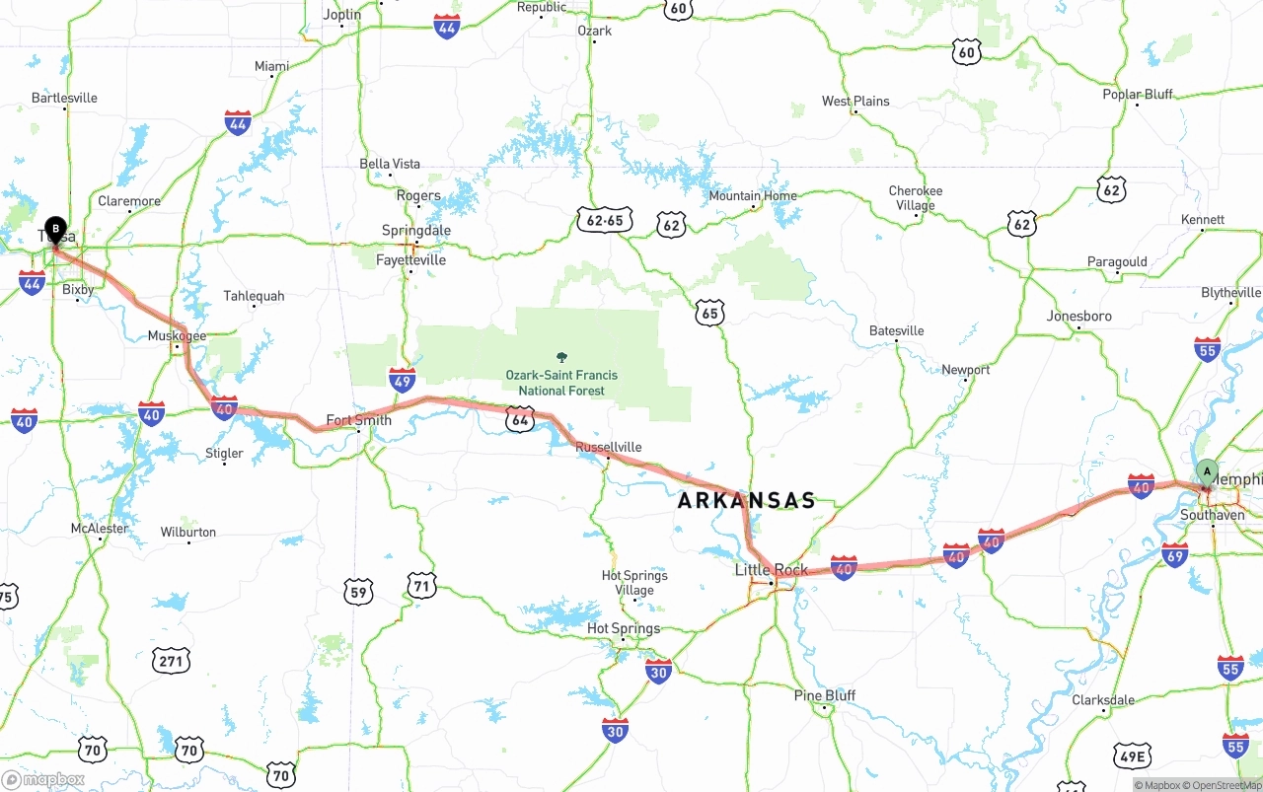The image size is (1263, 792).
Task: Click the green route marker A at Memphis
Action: click(1206, 472)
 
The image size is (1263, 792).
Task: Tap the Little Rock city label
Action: click(771, 570)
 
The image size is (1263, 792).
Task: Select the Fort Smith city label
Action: click(358, 420)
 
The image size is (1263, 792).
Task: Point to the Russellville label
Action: click(608, 447)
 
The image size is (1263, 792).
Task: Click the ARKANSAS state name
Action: click(747, 501)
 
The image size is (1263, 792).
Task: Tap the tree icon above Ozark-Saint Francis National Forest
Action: click(562, 357)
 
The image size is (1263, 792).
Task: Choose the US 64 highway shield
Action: click(521, 420)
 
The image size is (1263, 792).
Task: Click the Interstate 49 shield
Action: click(402, 380)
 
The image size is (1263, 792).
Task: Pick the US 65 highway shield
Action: click(709, 314)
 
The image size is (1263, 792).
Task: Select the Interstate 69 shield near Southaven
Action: click(1174, 555)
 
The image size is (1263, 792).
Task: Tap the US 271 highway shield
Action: click(172, 660)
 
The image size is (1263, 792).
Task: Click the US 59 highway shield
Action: click(358, 592)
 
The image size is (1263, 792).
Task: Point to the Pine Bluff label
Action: click(825, 695)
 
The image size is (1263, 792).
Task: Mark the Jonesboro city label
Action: click(1078, 317)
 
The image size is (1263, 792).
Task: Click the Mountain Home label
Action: click(752, 196)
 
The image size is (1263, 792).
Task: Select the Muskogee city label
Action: click(177, 336)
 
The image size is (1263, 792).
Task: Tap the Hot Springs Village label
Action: click(634, 583)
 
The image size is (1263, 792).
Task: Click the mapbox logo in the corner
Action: click(44, 779)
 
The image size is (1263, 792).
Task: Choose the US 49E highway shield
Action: click(1131, 757)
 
